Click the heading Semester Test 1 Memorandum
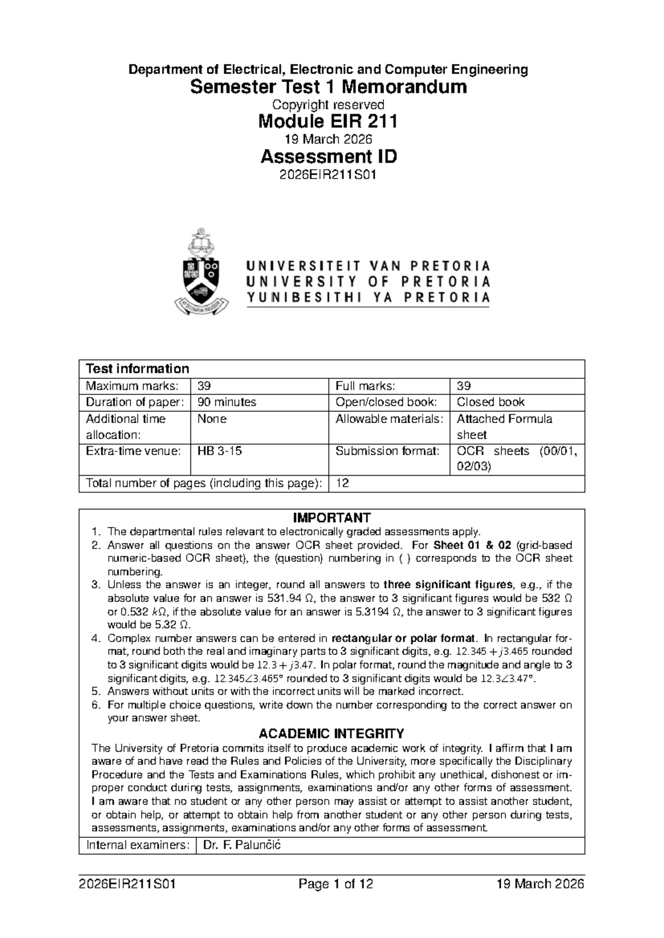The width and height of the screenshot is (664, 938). pyautogui.click(x=328, y=87)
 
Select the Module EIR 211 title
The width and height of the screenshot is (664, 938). pyautogui.click(x=328, y=121)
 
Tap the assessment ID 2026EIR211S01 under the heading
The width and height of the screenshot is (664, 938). pyautogui.click(x=328, y=175)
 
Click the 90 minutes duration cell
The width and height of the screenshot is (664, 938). pyautogui.click(x=227, y=402)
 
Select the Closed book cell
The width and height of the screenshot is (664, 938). pyautogui.click(x=490, y=402)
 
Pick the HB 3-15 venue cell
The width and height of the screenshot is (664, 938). pyautogui.click(x=220, y=451)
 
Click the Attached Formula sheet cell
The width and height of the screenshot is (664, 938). pyautogui.click(x=504, y=426)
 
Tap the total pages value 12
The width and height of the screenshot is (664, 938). pyautogui.click(x=343, y=483)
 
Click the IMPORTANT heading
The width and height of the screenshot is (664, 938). pyautogui.click(x=331, y=518)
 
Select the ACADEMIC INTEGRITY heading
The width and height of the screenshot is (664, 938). pyautogui.click(x=331, y=734)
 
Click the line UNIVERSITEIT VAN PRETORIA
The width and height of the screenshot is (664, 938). pyautogui.click(x=368, y=265)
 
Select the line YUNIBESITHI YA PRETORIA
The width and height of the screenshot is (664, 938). pyautogui.click(x=368, y=298)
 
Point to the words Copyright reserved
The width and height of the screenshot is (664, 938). pyautogui.click(x=328, y=105)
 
